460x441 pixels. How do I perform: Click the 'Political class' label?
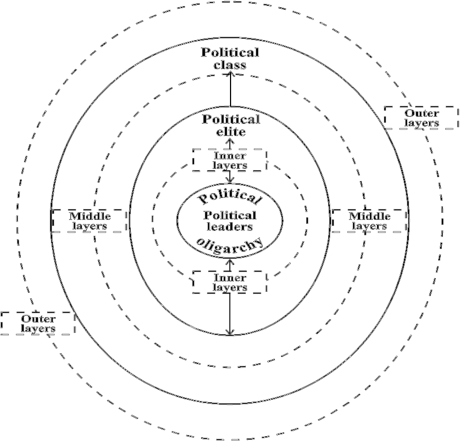230,59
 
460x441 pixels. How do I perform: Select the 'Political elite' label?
230,126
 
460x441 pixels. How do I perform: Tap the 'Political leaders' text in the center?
230,220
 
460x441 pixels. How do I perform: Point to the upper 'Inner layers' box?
230,160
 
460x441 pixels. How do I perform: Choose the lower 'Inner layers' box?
230,282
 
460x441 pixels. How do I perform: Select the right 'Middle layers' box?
369,220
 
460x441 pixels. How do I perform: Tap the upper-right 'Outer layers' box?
421,117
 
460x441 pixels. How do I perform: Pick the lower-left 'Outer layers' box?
38,323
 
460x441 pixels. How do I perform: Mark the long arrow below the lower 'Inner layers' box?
231,314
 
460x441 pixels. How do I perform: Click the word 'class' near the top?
230,65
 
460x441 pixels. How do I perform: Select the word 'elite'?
230,132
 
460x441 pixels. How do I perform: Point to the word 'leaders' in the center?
230,226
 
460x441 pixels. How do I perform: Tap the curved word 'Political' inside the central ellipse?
230,197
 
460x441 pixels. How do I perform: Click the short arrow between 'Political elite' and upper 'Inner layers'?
231,143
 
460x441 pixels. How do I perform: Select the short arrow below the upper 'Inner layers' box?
231,177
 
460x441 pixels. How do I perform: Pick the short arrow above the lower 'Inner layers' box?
231,264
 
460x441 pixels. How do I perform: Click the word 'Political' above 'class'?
230,53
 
